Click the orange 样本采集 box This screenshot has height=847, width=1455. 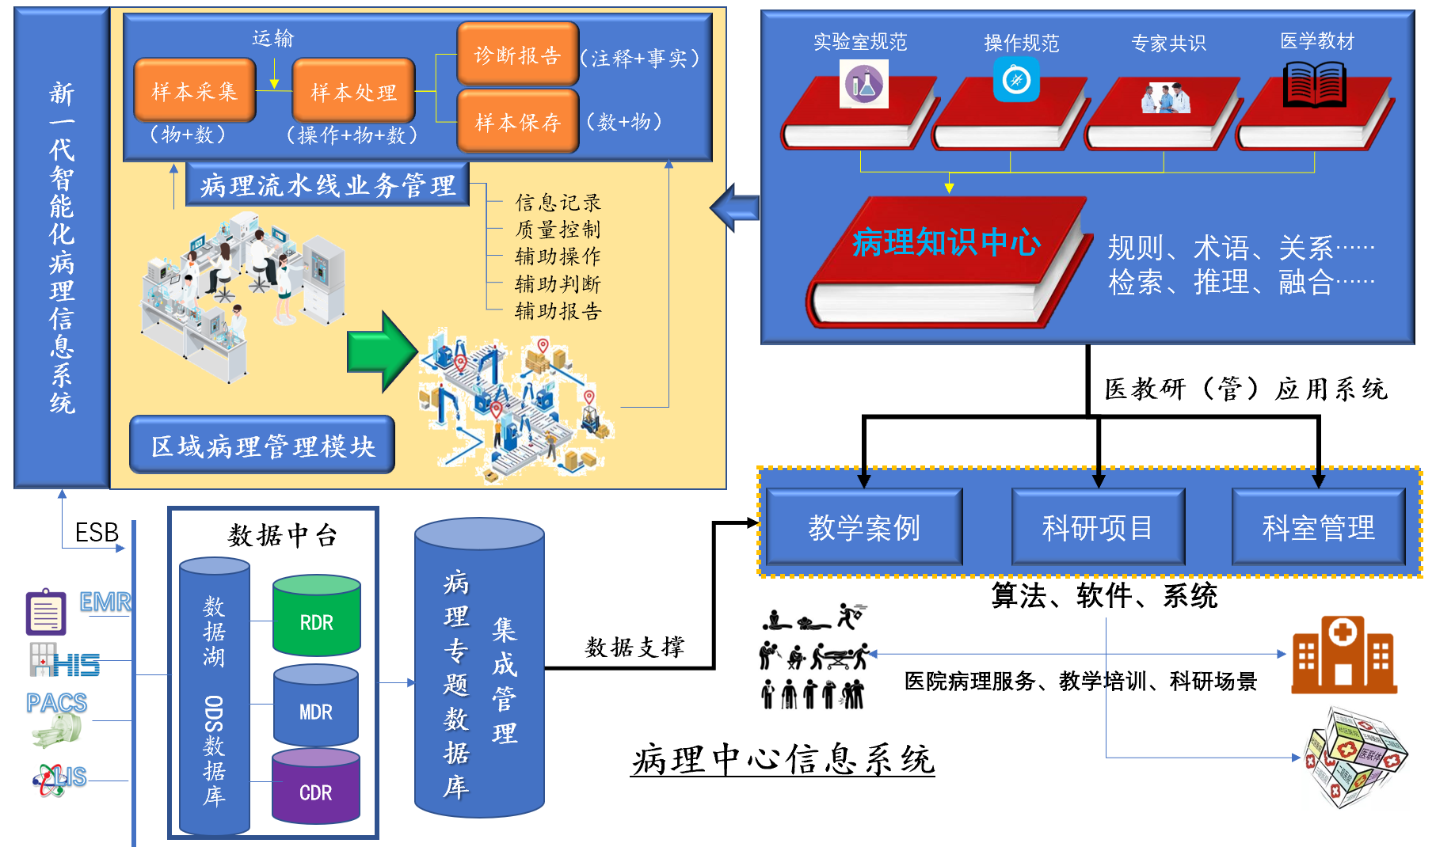click(x=195, y=91)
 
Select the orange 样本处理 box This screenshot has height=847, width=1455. click(x=353, y=92)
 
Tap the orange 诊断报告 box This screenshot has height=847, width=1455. click(x=517, y=54)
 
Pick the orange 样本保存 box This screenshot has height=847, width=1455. click(x=517, y=121)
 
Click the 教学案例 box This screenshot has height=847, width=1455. click(x=864, y=527)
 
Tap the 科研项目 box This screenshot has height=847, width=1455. click(x=1098, y=527)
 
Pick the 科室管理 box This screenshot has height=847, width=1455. click(x=1318, y=527)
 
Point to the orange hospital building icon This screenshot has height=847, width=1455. click(x=1343, y=655)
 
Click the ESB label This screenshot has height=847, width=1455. click(x=97, y=533)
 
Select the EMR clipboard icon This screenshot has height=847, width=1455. click(x=46, y=611)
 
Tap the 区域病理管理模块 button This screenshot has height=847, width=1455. click(x=262, y=446)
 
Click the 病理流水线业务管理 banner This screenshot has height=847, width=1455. click(x=327, y=184)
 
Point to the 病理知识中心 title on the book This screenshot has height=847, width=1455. click(x=946, y=242)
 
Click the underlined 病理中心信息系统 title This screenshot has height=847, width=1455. click(x=783, y=760)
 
